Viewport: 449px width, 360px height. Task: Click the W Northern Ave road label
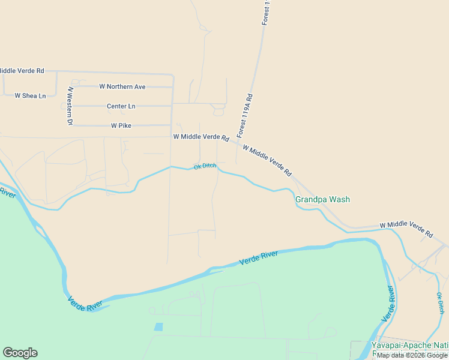pos(122,87)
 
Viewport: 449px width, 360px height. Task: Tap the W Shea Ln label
pos(30,95)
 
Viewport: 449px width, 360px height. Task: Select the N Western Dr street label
pos(70,106)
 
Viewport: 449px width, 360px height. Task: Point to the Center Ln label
pos(121,106)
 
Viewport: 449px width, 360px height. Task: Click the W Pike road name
pos(121,126)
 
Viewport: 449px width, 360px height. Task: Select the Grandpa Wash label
pos(322,200)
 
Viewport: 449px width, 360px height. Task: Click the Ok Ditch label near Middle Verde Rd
pos(205,166)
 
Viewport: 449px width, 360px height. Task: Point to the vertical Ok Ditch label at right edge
pos(440,304)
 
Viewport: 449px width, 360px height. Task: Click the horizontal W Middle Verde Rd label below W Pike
pos(200,137)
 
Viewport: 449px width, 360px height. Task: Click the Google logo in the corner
pos(20,353)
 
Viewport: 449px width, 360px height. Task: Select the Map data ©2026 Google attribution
pos(412,355)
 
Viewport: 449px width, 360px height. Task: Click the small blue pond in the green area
pos(158,327)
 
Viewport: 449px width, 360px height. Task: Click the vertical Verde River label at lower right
pos(388,305)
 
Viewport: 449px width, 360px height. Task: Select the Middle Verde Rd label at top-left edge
pos(22,71)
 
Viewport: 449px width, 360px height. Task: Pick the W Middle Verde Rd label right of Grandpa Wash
pos(406,229)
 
